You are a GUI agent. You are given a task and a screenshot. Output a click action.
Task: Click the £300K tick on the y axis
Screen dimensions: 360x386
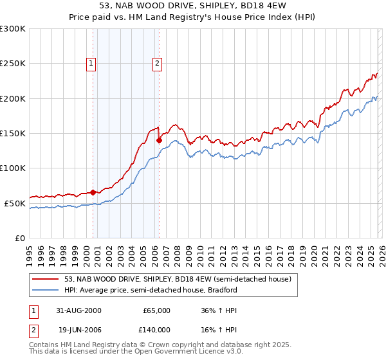13,29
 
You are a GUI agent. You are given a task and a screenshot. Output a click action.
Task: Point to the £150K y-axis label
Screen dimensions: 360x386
13,133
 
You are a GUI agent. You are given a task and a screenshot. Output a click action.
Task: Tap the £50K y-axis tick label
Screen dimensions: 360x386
15,203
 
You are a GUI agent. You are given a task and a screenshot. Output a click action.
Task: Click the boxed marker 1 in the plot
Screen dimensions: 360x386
91,63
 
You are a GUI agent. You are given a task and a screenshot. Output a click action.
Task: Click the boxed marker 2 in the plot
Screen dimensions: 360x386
157,63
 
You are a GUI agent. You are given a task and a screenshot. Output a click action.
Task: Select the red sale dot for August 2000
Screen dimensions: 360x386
93,192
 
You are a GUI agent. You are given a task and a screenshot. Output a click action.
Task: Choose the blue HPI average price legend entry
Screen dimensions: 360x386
151,290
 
